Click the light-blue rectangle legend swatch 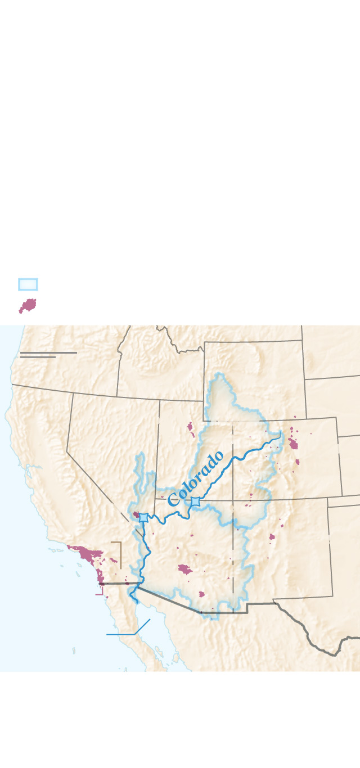(x=28, y=284)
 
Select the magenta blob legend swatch (x=28, y=306)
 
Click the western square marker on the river (x=144, y=517)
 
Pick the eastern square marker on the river (x=195, y=501)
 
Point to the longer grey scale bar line (x=48, y=353)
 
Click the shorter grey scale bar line (x=38, y=357)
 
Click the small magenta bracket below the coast (x=100, y=592)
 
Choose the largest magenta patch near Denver (x=293, y=444)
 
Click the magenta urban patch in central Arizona (x=184, y=570)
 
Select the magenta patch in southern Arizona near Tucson (x=202, y=594)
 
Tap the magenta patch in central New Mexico (x=272, y=537)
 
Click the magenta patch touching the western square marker (x=137, y=514)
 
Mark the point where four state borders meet (x=233, y=500)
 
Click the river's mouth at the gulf (x=135, y=600)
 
